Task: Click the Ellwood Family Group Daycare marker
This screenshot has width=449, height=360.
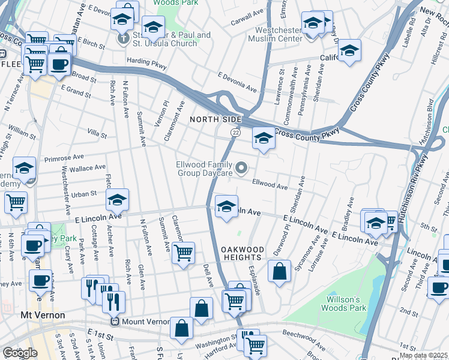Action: (241, 169)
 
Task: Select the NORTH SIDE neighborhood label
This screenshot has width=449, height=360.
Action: (215, 119)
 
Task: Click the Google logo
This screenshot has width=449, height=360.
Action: (20, 353)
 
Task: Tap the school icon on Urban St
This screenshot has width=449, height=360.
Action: (118, 200)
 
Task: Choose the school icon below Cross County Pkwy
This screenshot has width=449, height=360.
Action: (263, 138)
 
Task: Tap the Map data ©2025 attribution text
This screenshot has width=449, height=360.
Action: (423, 355)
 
